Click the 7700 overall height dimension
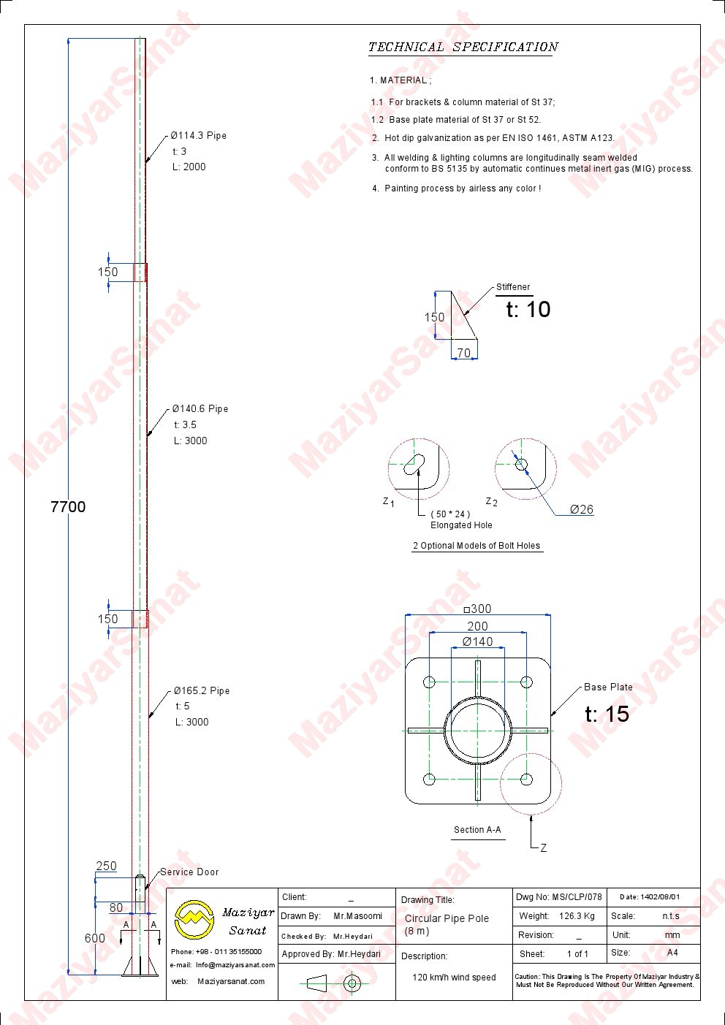(x=68, y=506)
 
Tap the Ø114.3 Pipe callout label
(x=199, y=135)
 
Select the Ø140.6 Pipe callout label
(x=200, y=408)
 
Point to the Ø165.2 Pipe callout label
(x=202, y=690)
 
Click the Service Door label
(x=189, y=872)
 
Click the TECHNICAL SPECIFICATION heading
(x=463, y=47)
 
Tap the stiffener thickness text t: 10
(x=528, y=309)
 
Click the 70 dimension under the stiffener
(x=463, y=353)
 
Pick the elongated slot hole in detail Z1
(x=414, y=464)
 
